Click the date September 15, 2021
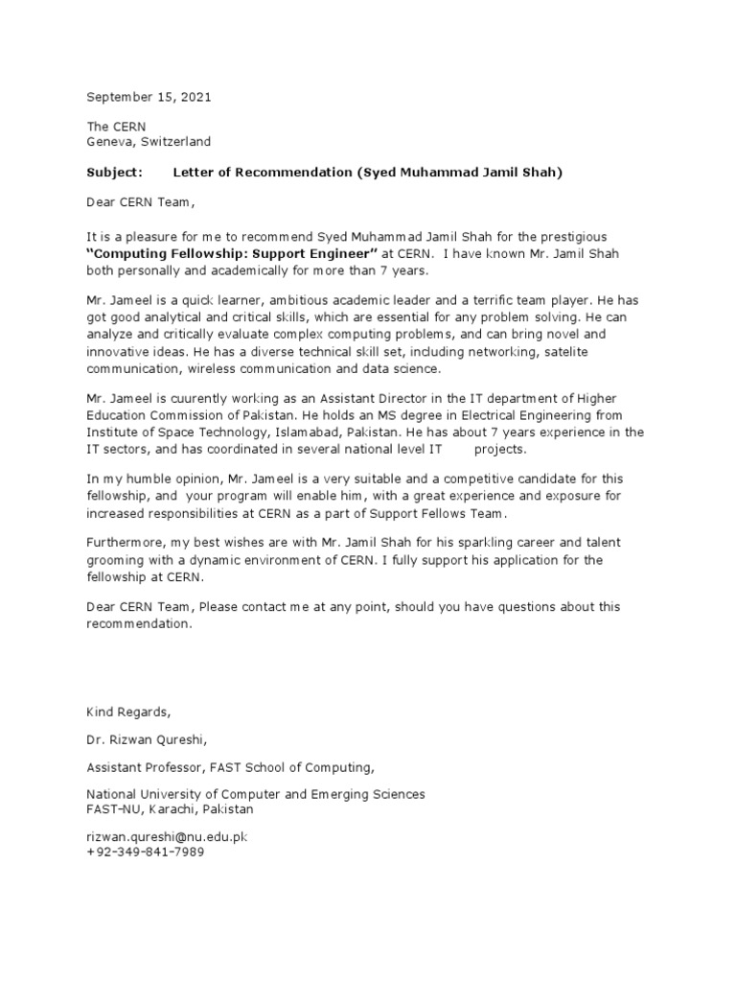pyautogui.click(x=149, y=97)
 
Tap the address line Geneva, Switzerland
pyautogui.click(x=149, y=141)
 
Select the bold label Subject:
pyautogui.click(x=114, y=172)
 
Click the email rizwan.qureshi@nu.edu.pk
pyautogui.click(x=167, y=837)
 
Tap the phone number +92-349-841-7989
pyautogui.click(x=146, y=853)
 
